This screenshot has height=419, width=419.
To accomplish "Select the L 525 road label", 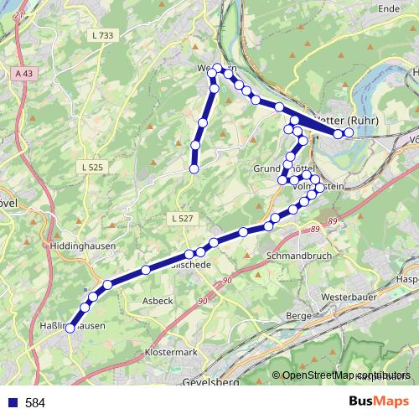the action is tap(93, 168).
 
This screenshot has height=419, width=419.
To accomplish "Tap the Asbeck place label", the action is tap(157, 300).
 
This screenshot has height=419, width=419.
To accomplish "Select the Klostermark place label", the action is tap(171, 352).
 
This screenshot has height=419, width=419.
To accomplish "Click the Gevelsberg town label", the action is tap(209, 382).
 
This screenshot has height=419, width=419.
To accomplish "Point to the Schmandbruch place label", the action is tap(298, 255).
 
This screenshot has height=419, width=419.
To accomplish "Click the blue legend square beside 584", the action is tap(13, 403).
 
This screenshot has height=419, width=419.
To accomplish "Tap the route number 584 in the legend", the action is tap(35, 403).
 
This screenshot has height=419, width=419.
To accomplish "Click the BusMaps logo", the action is tap(379, 402).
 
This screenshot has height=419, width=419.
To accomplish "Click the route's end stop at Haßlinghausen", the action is tap(70, 328).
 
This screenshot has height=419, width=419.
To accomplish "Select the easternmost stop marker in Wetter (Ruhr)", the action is tap(349, 133).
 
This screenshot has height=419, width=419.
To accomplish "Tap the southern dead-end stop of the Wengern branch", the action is tap(194, 169).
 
